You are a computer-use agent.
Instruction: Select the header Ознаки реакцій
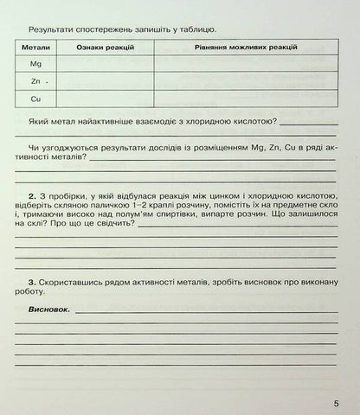105,48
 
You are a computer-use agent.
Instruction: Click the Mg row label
35,65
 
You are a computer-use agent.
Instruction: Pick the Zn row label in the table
35,82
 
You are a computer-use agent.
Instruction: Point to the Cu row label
35,99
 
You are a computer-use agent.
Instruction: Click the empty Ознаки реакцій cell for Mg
105,65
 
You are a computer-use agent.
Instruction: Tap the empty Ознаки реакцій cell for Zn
105,82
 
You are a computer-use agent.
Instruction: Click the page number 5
335,404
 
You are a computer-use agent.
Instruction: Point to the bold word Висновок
48,309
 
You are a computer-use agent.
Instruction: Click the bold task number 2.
31,196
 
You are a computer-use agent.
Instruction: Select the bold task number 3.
31,283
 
